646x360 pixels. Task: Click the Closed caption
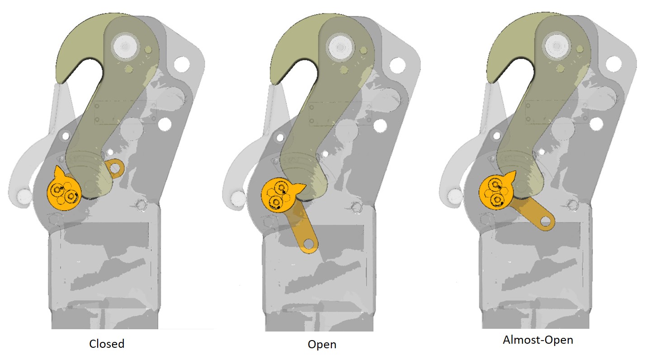tap(107, 344)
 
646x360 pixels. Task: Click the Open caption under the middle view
tap(322, 344)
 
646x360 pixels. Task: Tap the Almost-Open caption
tap(538, 340)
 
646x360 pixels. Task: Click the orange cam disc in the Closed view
tap(63, 193)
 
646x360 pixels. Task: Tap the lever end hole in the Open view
tap(309, 245)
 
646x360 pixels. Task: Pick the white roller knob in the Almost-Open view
tap(454, 195)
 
